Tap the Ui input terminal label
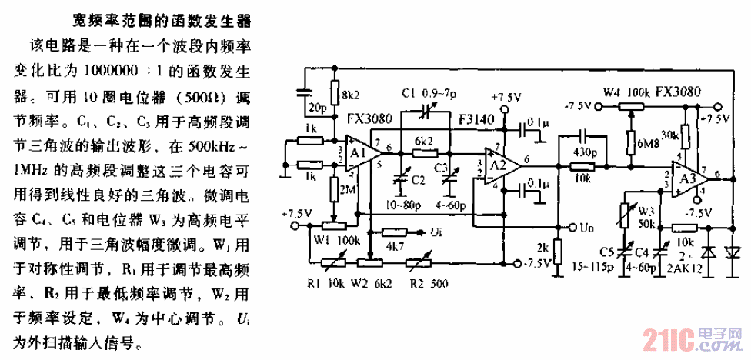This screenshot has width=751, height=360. tap(436, 232)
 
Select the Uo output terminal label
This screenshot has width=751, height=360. tap(586, 228)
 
